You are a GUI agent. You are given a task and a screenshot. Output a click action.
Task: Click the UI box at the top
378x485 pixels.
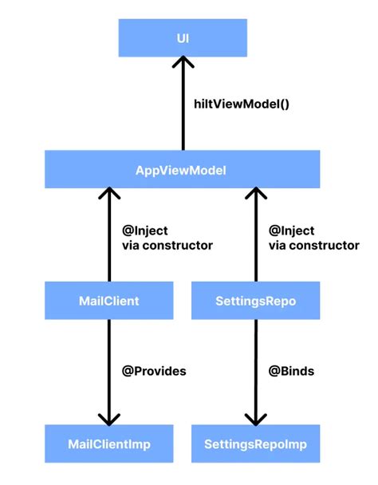tap(183, 37)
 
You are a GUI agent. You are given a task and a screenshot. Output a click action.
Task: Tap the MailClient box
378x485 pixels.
tap(109, 302)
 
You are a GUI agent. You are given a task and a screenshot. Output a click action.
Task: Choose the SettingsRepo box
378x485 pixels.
tap(255, 302)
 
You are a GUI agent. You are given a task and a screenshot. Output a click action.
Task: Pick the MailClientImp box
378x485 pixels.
tap(109, 443)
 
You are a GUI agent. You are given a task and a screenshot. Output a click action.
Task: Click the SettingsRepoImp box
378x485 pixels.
tap(255, 443)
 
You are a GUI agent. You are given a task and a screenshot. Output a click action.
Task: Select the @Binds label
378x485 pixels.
tap(291, 371)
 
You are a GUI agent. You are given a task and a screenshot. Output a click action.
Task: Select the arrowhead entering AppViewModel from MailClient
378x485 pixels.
tap(109, 195)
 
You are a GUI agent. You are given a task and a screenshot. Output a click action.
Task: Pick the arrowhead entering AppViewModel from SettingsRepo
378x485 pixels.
tap(255, 195)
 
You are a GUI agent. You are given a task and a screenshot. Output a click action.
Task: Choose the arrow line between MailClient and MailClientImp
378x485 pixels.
tap(109, 367)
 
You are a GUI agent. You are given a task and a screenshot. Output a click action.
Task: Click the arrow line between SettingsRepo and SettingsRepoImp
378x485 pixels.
tap(255, 367)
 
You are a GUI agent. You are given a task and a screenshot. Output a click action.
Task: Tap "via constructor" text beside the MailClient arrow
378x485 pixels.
tap(167, 246)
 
